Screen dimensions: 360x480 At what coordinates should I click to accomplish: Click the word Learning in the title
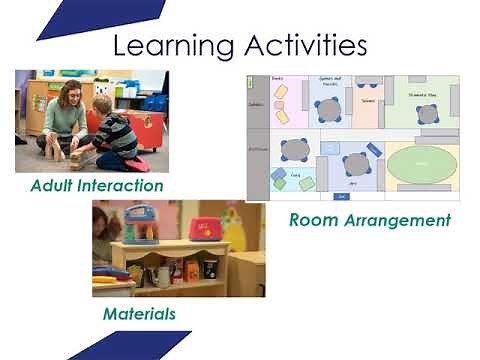point(172,46)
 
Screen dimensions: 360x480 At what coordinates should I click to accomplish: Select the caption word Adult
point(56,185)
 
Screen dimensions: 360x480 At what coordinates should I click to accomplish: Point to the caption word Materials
point(139,314)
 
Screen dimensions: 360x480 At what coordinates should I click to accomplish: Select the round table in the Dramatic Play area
point(428,113)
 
